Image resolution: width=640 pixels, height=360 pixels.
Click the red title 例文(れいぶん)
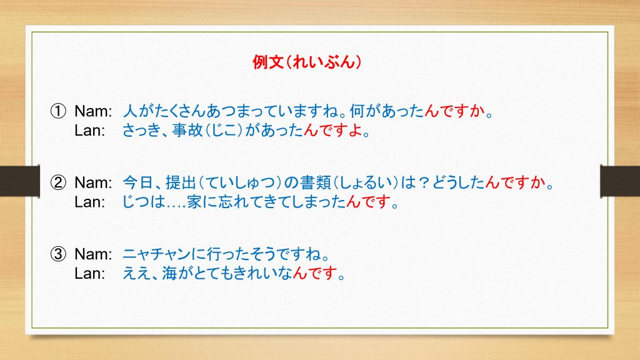click(x=307, y=62)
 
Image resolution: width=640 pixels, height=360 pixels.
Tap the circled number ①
click(x=58, y=111)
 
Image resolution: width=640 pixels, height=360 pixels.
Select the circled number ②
click(x=58, y=182)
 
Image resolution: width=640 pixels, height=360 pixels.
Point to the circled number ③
click(x=58, y=254)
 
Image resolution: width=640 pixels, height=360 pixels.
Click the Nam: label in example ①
click(x=93, y=111)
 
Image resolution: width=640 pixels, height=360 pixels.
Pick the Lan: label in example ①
click(x=89, y=131)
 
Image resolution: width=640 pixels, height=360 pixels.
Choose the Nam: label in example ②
click(x=93, y=182)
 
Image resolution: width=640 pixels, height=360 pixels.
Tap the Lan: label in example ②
click(x=89, y=202)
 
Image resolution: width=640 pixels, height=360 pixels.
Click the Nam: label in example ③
click(x=93, y=254)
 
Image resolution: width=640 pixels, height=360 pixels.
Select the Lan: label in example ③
click(x=89, y=274)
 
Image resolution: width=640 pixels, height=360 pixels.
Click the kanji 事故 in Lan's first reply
click(x=187, y=130)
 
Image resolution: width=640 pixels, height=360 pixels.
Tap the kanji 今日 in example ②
click(x=138, y=182)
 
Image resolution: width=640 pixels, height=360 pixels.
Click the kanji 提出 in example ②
click(x=181, y=182)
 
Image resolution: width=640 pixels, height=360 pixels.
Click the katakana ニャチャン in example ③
click(x=157, y=254)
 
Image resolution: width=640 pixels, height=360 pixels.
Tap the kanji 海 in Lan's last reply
click(x=169, y=274)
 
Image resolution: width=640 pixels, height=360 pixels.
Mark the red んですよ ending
click(x=333, y=130)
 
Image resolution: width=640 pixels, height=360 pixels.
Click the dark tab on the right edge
click(x=620, y=181)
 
